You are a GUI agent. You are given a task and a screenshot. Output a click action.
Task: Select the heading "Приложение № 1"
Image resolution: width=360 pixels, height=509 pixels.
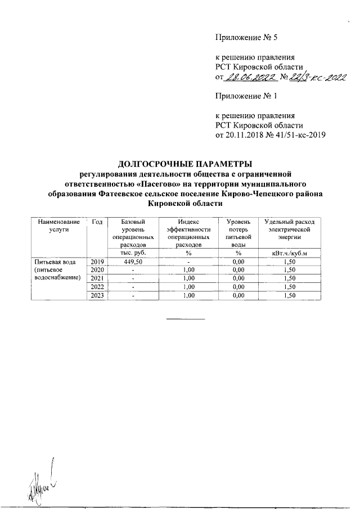pos(247,96)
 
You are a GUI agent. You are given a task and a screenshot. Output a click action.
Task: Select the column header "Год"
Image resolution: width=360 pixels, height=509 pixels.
pos(96,223)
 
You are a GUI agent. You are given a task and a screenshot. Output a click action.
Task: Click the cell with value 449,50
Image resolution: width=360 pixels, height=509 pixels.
pos(133,262)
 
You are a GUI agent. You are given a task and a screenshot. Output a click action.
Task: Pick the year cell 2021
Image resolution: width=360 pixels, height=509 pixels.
pos(96,278)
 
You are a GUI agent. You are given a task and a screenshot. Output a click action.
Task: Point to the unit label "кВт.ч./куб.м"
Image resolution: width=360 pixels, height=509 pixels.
pos(289,253)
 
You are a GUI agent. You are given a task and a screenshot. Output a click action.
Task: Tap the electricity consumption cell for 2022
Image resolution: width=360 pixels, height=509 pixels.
pos(289,287)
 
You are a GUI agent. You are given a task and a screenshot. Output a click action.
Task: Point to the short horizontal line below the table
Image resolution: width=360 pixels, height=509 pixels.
pos(185,319)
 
